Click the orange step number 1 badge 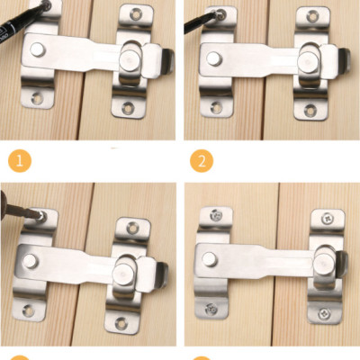[20, 161]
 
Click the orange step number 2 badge [202, 161]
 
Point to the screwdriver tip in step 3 [40, 215]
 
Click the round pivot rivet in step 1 [38, 49]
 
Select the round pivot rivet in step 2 [214, 58]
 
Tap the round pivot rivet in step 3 [31, 261]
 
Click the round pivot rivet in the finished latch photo [210, 259]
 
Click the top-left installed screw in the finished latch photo [216, 215]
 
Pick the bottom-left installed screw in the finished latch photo [211, 308]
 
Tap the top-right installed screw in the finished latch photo [328, 218]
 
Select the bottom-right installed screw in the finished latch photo [324, 314]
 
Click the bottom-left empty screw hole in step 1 [37, 98]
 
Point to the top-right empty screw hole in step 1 [136, 14]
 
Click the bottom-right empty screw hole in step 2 [310, 110]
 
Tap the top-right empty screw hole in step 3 [132, 228]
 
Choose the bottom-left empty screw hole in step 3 [29, 310]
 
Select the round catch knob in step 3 [122, 273]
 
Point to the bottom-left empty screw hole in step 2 [216, 107]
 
